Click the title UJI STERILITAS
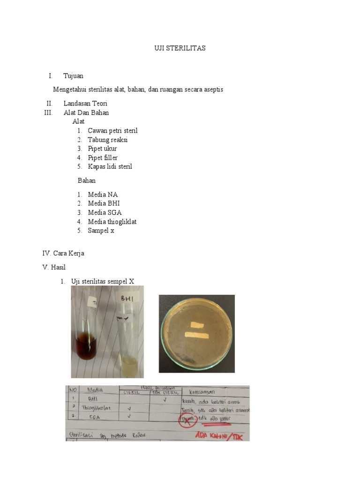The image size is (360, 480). pos(180,48)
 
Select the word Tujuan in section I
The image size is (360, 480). pos(74,76)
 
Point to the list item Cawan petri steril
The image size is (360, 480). pos(112,131)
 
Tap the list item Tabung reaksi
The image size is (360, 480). pos(107,140)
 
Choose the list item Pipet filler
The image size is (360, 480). pos(103,157)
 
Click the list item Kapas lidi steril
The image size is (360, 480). pos(110,166)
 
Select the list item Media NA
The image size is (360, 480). pos(103,195)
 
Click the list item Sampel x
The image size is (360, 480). pos(101,231)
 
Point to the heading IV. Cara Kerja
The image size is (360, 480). pos(63,254)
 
